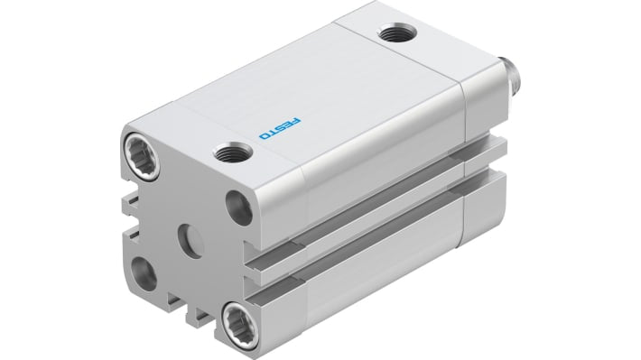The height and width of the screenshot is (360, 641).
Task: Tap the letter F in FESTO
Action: click(x=298, y=120)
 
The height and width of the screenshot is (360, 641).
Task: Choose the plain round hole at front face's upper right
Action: click(x=238, y=208)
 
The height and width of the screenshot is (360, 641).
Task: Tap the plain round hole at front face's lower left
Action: click(x=143, y=273)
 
